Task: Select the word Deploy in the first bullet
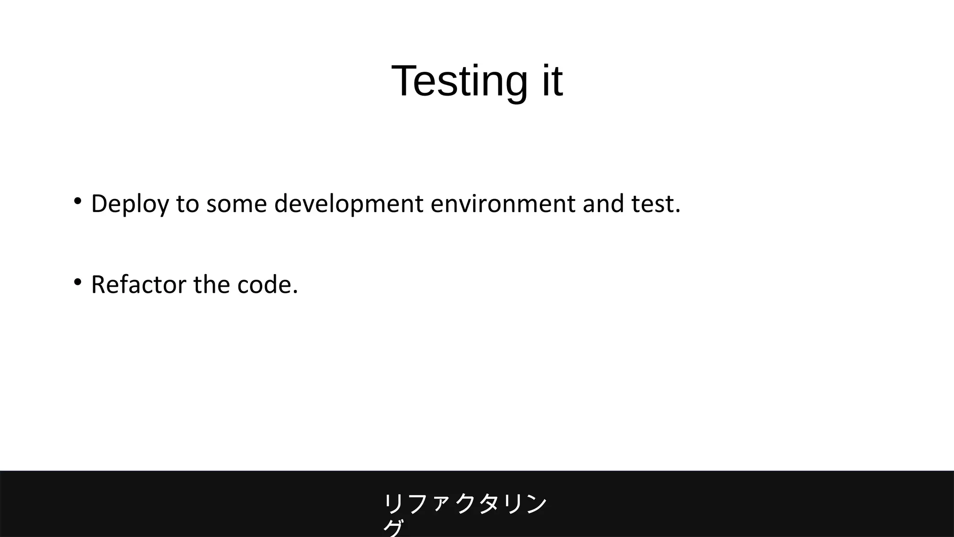point(130,204)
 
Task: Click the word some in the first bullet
point(236,204)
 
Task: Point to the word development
point(348,204)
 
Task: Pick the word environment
point(503,204)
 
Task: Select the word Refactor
point(138,285)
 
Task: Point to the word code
point(264,285)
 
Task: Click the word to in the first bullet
point(187,204)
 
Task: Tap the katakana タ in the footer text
point(489,504)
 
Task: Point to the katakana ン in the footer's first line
point(536,504)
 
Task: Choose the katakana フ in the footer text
point(417,504)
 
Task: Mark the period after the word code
point(295,293)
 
